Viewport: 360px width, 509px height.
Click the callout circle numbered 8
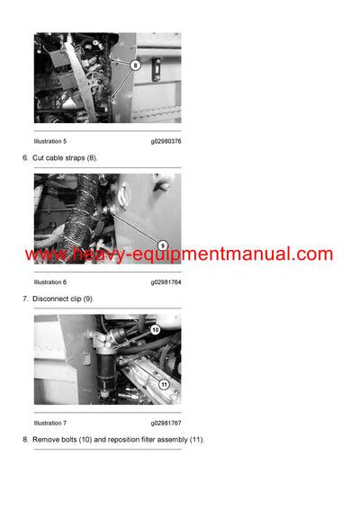[x=135, y=65]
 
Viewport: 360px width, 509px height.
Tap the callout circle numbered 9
[x=163, y=245]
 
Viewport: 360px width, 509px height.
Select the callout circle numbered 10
[x=155, y=330]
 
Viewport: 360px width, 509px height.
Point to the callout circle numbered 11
[x=164, y=385]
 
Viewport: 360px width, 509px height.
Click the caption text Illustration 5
[x=50, y=141]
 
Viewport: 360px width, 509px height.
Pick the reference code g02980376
[x=166, y=141]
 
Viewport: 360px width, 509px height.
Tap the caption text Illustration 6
[x=50, y=281]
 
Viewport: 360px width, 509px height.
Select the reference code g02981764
[x=166, y=281]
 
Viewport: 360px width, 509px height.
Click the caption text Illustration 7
[x=50, y=423]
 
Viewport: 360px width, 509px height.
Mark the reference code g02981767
[x=166, y=423]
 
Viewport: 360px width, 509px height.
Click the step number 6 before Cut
[x=24, y=157]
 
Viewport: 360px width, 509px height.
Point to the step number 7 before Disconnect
[x=24, y=298]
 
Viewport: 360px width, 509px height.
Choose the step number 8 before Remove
[x=24, y=439]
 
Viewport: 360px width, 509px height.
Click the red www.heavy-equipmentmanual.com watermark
[x=179, y=254]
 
